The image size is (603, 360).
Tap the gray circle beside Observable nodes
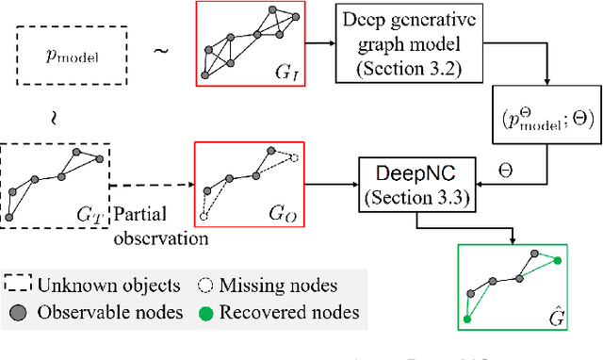click(18, 312)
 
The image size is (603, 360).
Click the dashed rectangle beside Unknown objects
click(18, 285)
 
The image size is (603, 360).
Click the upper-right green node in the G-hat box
click(558, 260)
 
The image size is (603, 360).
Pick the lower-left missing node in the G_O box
click(204, 215)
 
